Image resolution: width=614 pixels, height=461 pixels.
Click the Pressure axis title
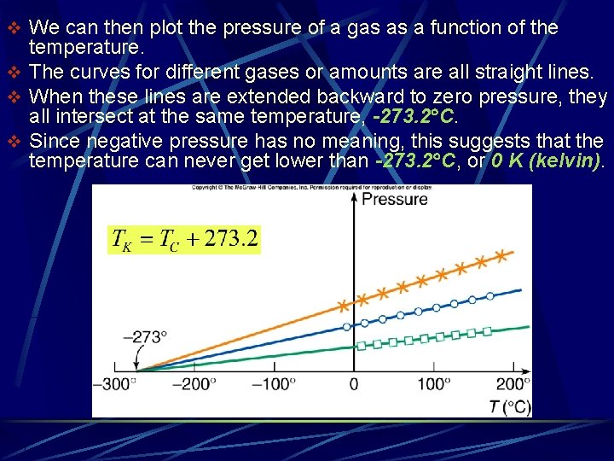point(394,199)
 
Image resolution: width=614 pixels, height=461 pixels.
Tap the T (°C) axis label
point(509,406)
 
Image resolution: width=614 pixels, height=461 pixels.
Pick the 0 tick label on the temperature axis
point(353,384)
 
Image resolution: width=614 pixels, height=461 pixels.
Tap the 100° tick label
point(435,384)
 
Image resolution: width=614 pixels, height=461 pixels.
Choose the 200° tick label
point(513,384)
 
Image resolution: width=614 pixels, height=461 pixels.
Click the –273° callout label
point(145,336)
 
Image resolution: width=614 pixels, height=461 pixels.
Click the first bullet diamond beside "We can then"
point(12,28)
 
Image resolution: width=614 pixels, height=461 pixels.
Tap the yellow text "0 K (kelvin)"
point(547,160)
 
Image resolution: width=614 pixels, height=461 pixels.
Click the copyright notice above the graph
point(310,188)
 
